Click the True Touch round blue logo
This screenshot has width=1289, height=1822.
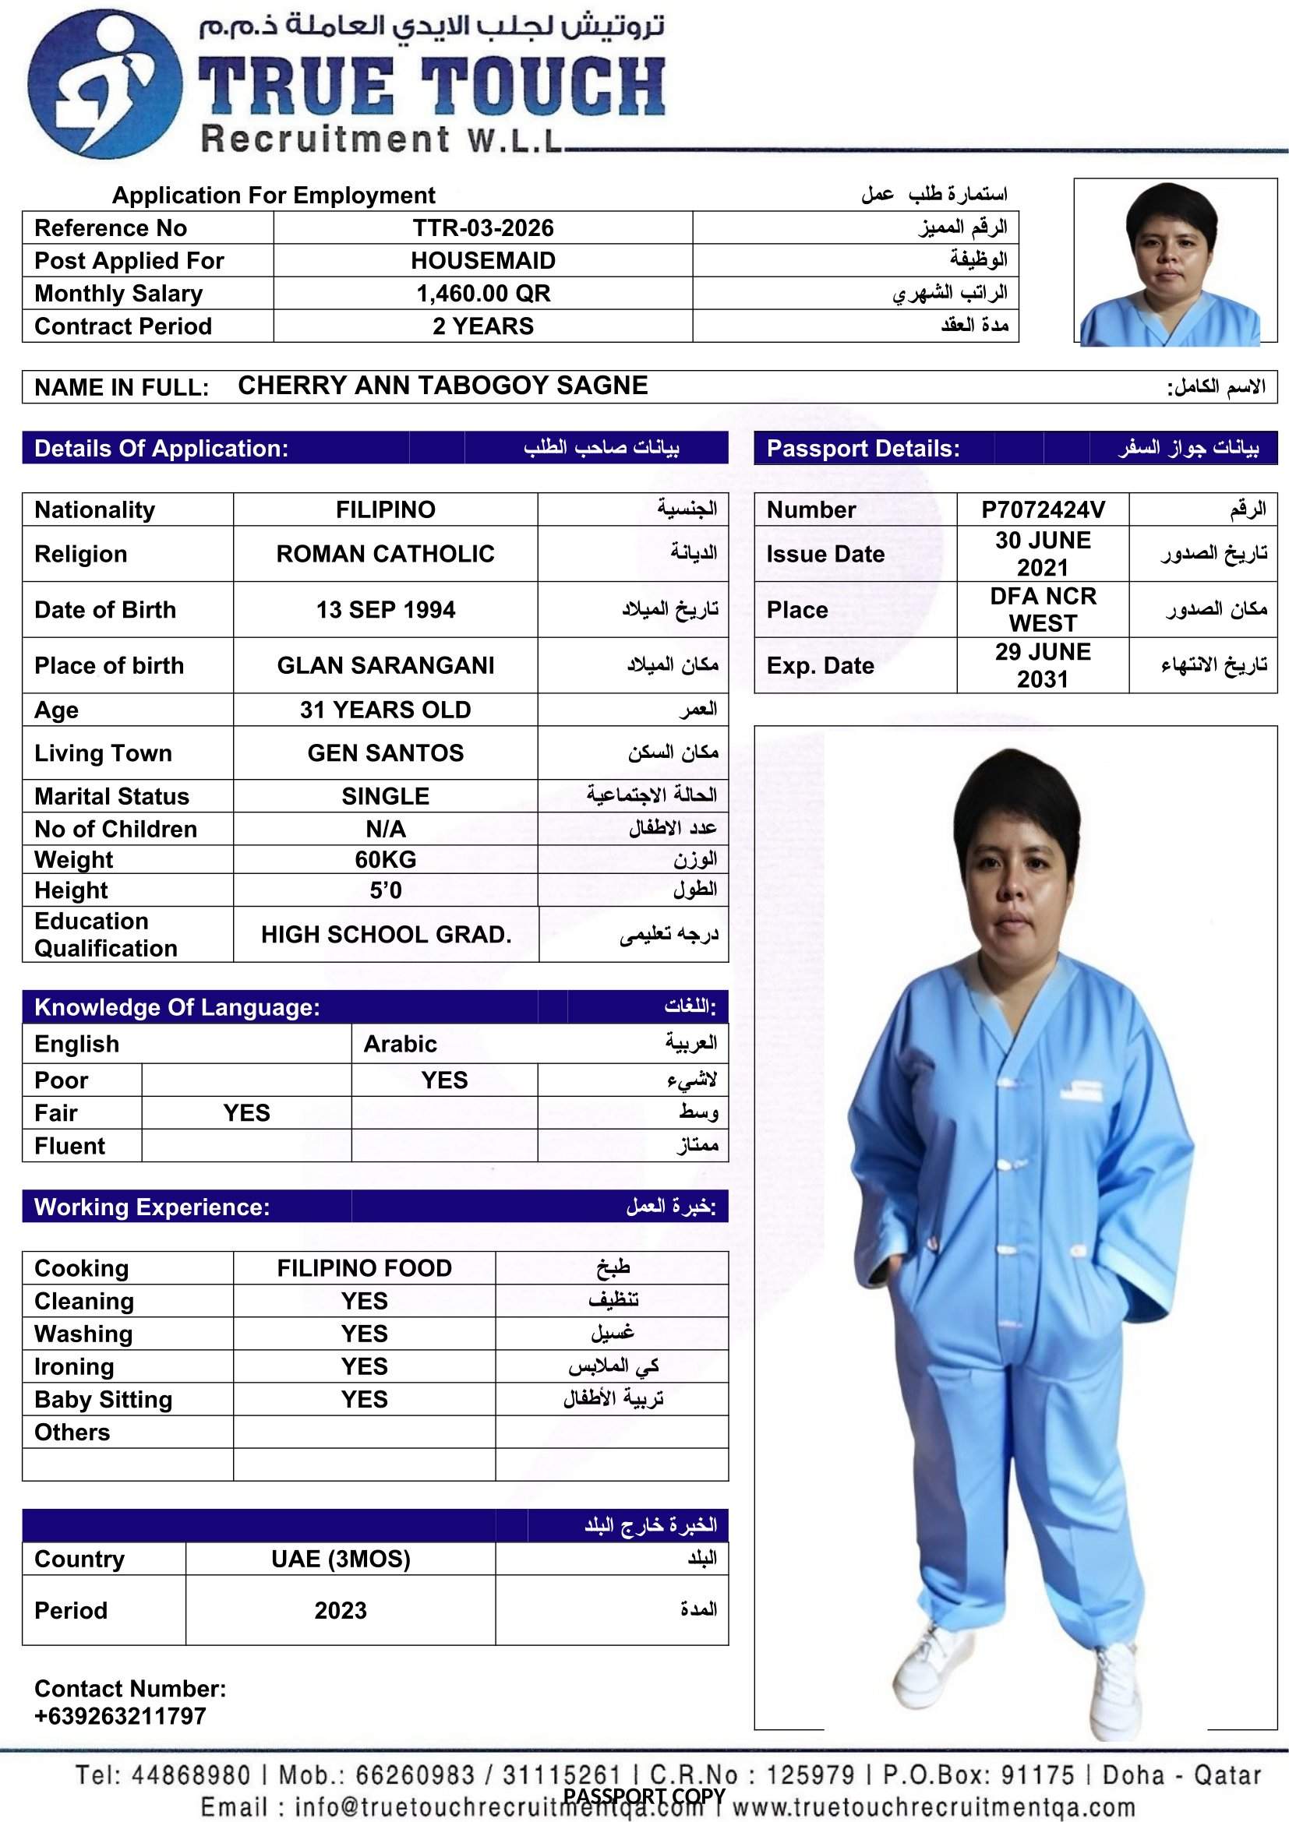104,83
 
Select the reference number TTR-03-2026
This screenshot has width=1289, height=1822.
482,228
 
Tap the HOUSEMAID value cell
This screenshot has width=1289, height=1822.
482,261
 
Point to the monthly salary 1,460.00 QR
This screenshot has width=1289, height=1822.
482,294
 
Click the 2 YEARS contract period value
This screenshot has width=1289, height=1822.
482,326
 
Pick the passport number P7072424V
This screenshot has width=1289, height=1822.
1042,509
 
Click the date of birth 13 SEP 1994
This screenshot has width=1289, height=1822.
385,609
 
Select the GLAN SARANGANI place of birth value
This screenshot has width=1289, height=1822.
385,665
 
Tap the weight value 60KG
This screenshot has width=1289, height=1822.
385,859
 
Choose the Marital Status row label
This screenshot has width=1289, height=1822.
112,796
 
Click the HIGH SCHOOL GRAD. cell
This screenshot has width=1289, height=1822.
386,934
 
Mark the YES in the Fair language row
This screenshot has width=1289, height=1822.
246,1112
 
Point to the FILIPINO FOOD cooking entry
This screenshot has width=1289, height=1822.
364,1268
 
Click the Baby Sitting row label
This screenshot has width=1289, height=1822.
103,1399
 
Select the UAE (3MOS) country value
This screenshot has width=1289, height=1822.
341,1559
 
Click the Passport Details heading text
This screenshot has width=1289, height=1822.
863,449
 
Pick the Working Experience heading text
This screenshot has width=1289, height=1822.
152,1207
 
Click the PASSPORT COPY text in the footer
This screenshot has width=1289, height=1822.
644,1796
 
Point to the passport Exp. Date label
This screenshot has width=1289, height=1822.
820,666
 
